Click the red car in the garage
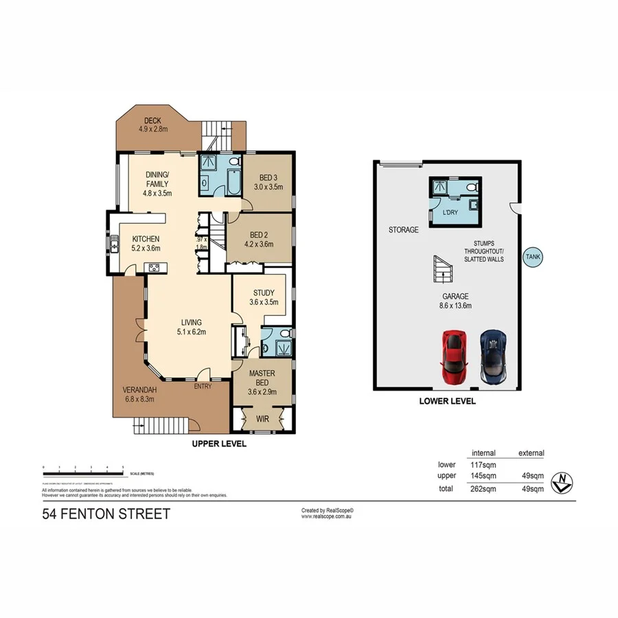[x=455, y=356]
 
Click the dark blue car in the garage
[x=494, y=356]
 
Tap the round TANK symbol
[x=533, y=257]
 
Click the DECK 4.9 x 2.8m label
[x=152, y=125]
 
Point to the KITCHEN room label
[x=146, y=244]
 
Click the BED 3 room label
[x=268, y=181]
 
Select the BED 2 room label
[x=259, y=237]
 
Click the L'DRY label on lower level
[x=450, y=213]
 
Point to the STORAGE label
[x=403, y=230]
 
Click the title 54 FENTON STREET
[x=106, y=514]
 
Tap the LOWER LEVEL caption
[x=447, y=401]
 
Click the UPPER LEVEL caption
[x=218, y=444]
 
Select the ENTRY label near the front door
[x=202, y=387]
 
